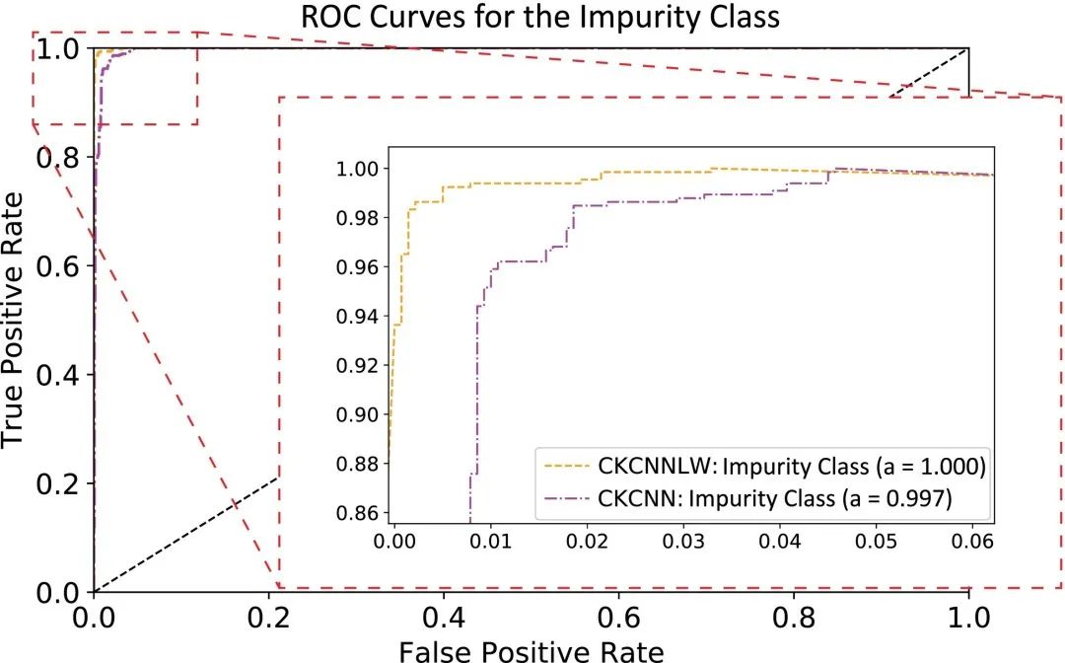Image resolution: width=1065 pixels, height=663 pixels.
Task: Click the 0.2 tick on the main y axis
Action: (56, 483)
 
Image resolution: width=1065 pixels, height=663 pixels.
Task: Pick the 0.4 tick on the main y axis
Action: (56, 375)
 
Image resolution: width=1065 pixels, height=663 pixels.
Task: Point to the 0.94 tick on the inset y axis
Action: (356, 316)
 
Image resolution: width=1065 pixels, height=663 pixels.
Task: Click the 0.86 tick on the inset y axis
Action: (356, 512)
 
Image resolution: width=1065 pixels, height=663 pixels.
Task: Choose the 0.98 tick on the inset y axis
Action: (356, 217)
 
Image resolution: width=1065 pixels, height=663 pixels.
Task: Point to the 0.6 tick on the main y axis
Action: (56, 265)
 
